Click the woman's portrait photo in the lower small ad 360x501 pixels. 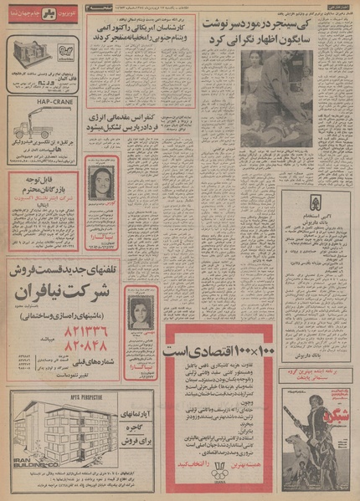(x=137, y=306)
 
